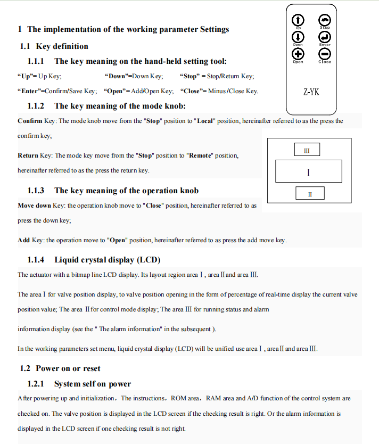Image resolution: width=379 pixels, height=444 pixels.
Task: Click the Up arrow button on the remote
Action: point(298,20)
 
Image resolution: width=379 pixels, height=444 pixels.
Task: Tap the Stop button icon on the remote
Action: point(324,20)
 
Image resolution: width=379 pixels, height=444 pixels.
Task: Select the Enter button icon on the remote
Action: point(324,37)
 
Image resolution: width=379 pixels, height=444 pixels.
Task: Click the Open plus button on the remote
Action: point(298,54)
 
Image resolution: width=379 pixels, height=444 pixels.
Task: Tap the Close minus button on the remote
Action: point(324,54)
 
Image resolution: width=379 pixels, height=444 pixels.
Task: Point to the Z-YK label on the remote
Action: point(311,92)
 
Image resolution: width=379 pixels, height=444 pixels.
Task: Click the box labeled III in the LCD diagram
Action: point(307,150)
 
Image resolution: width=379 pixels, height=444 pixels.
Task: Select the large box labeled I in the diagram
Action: point(309,171)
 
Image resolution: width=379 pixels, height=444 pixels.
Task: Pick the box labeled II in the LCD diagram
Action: point(310,193)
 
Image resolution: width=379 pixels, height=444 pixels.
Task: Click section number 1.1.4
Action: point(36,260)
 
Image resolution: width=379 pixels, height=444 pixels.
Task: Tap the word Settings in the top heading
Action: point(215,29)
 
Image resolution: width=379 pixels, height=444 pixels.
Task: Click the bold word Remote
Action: point(200,155)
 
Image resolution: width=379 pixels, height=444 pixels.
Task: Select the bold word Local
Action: point(204,121)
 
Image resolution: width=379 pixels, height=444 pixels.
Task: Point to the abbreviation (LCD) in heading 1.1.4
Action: point(149,260)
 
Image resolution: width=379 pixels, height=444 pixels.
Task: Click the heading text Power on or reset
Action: point(68,368)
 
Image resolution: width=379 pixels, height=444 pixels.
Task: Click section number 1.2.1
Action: point(36,384)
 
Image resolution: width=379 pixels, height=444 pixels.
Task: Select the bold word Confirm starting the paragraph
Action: point(30,121)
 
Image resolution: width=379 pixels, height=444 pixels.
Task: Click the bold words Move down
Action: point(34,205)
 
